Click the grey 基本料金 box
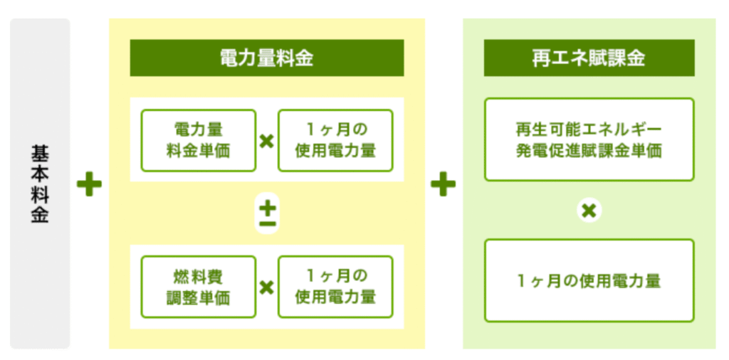click(40, 184)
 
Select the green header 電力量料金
click(267, 58)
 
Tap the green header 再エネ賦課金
click(589, 58)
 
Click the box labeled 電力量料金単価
click(199, 140)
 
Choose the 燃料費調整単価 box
click(199, 287)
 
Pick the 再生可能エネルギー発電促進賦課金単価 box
click(589, 139)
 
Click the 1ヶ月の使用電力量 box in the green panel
click(589, 280)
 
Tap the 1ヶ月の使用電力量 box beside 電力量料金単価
click(335, 140)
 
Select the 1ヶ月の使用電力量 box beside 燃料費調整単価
click(335, 287)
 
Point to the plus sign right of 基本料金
click(89, 184)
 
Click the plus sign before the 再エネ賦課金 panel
click(444, 184)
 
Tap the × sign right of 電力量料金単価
click(266, 141)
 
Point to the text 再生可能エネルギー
click(589, 129)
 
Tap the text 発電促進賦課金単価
click(589, 151)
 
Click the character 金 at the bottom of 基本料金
click(40, 215)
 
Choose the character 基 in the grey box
click(40, 154)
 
